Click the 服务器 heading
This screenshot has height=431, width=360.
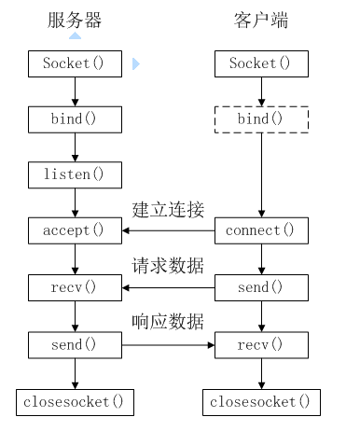pyautogui.click(x=76, y=20)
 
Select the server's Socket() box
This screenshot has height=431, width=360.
pyautogui.click(x=76, y=64)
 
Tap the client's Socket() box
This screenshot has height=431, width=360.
pyautogui.click(x=262, y=64)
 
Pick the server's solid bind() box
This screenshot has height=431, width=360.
pyautogui.click(x=76, y=118)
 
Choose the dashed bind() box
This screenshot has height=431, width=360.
pyautogui.click(x=262, y=118)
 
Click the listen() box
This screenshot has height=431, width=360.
pyautogui.click(x=76, y=174)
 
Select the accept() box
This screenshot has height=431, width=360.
pyautogui.click(x=76, y=229)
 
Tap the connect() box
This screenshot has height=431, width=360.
pyautogui.click(x=262, y=229)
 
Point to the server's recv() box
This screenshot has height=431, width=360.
pyautogui.click(x=76, y=287)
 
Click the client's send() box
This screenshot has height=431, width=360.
pyautogui.click(x=262, y=287)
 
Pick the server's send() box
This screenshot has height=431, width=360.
pyautogui.click(x=76, y=345)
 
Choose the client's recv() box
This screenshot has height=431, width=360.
pyautogui.click(x=262, y=345)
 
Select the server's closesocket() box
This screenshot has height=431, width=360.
pyautogui.click(x=76, y=403)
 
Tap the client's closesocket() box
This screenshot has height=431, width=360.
pyautogui.click(x=262, y=403)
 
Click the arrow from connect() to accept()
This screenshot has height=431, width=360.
pyautogui.click(x=169, y=230)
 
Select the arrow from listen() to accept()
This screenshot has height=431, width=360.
pyautogui.click(x=76, y=202)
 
